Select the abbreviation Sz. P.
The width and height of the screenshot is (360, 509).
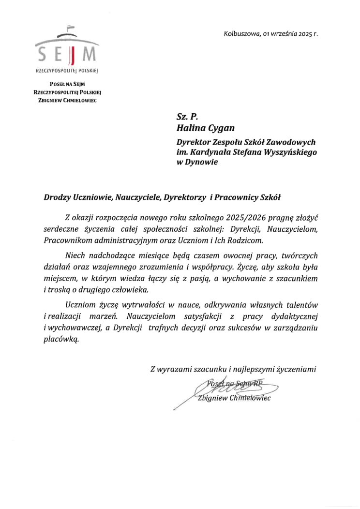point(187,116)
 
